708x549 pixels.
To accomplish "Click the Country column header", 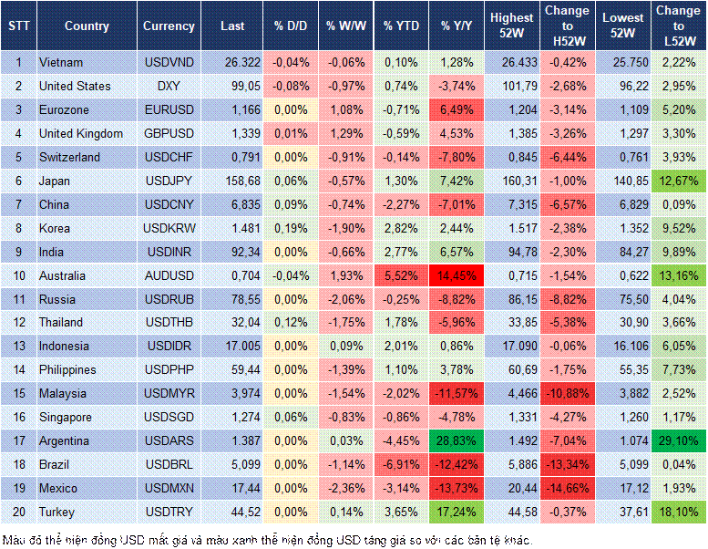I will point(87,26).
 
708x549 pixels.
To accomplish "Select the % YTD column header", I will point(401,26).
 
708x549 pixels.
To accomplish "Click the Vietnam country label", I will point(61,62).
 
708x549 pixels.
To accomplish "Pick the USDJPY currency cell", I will point(169,181).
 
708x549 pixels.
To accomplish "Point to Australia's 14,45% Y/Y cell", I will point(457,275).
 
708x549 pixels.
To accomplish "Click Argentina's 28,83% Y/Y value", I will point(457,440).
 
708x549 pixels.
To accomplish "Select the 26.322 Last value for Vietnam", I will point(232,62).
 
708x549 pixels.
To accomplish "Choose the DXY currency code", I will point(169,86).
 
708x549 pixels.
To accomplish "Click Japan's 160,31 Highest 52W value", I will point(512,181).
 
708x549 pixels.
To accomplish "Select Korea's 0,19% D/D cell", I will point(291,228).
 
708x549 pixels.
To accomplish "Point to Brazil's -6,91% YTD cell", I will point(401,464).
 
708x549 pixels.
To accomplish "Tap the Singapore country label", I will point(66,417).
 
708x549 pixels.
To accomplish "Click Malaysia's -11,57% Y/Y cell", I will point(457,393).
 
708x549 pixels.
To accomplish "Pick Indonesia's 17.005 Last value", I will point(232,346).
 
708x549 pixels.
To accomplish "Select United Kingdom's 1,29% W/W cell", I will point(345,133).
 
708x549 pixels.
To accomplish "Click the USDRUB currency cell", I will point(169,299).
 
